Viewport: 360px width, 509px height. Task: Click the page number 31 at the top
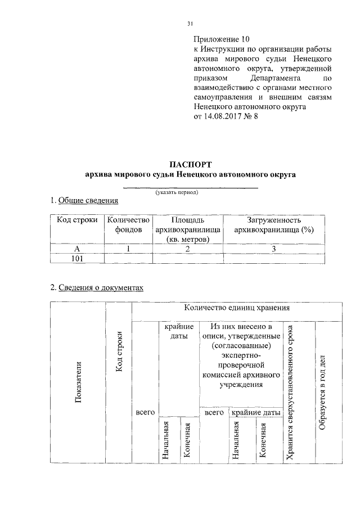190,23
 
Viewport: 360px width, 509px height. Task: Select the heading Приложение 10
220,39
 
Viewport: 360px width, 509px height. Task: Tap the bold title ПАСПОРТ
190,164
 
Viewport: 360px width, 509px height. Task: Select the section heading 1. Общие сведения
84,200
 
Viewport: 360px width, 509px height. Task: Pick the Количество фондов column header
129,224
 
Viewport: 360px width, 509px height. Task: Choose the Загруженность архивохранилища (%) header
273,224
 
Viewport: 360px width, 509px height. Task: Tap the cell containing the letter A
78,248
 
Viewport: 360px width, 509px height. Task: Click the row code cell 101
78,258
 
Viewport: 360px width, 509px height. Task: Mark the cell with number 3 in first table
273,248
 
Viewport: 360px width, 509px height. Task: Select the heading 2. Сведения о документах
97,287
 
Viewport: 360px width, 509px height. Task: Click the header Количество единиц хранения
236,308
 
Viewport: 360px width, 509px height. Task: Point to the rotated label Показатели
78,382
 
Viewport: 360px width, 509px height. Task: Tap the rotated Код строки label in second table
119,354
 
